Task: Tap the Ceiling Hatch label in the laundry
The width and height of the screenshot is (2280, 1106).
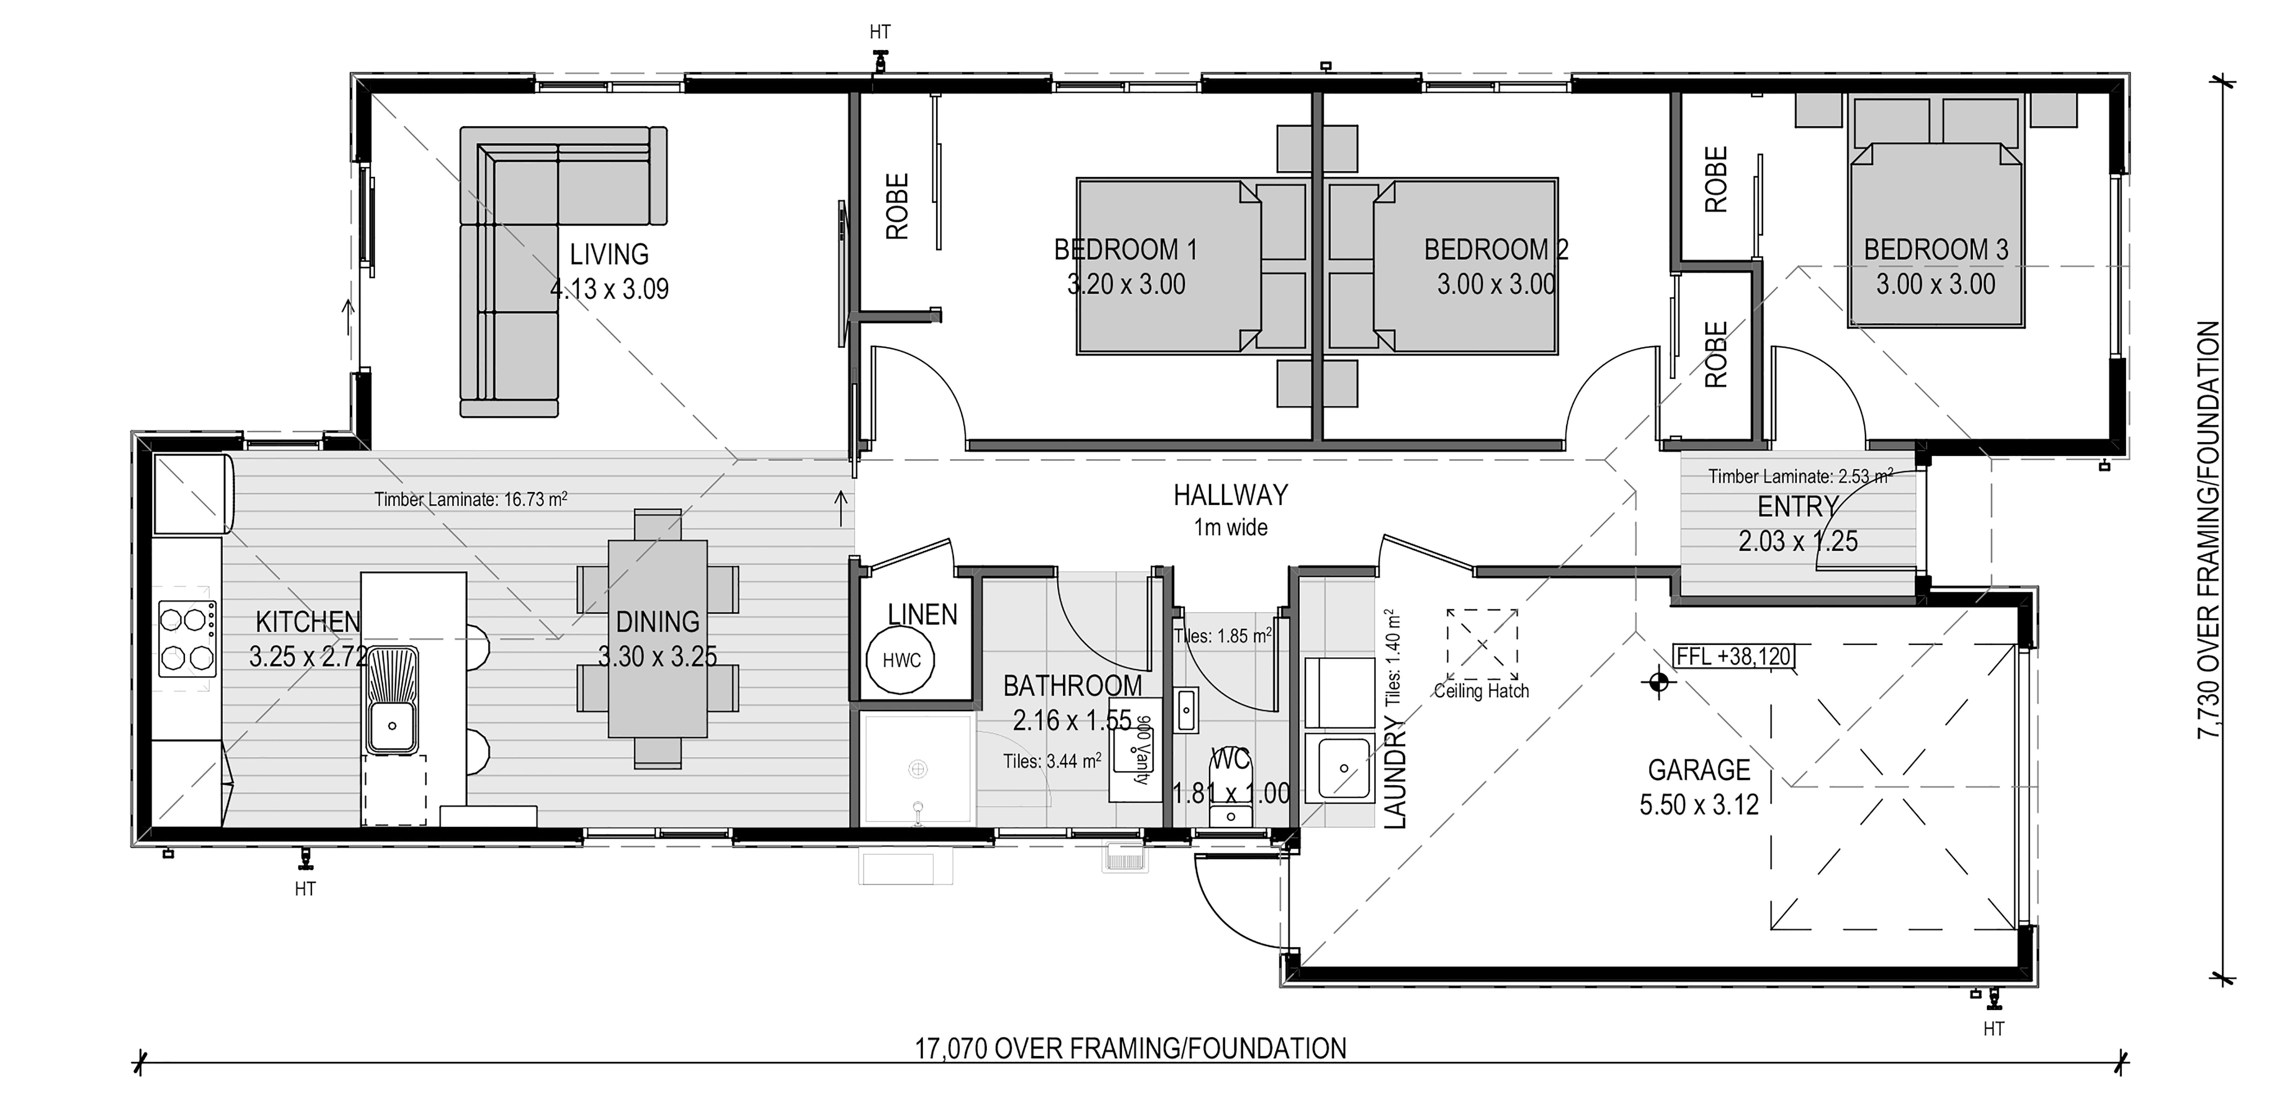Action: pyautogui.click(x=1481, y=691)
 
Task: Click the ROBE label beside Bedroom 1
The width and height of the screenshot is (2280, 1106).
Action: pyautogui.click(x=898, y=206)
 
